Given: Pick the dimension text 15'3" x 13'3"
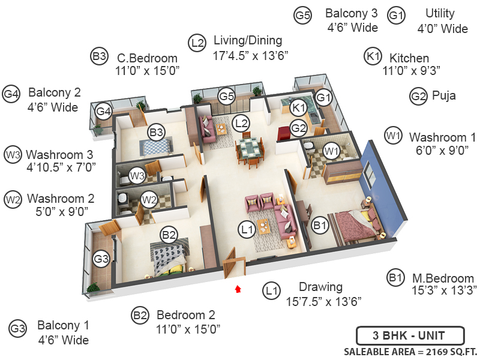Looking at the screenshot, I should coord(444,290).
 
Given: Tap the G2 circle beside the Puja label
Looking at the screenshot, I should coord(418,96).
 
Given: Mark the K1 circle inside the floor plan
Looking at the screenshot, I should coord(298,108).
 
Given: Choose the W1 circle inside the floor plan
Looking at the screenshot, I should coord(331,149).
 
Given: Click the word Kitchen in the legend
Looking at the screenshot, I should coord(409,58).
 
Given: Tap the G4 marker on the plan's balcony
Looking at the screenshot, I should coord(104,111).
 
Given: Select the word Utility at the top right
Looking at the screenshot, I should coord(440,13).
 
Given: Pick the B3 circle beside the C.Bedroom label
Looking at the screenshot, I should coord(99,57).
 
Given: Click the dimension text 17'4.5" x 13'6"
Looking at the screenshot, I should coord(251,55).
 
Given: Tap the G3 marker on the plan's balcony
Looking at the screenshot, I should coord(101,259).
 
